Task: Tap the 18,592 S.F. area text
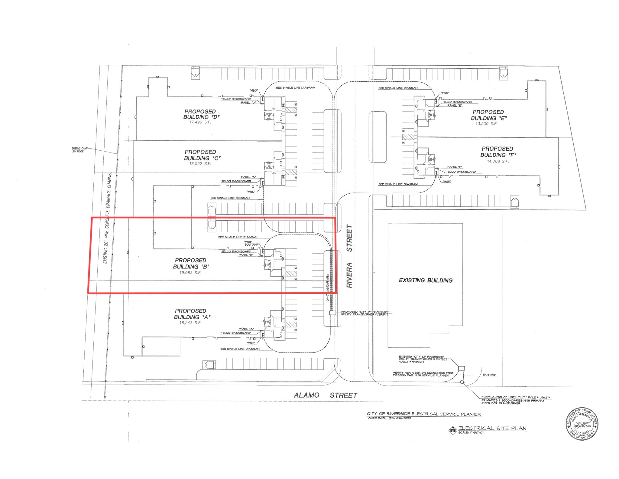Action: tap(200, 164)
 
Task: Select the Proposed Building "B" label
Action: tap(191, 263)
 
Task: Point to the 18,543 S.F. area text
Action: tap(190, 323)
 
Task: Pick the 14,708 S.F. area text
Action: tap(497, 162)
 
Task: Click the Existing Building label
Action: tap(426, 281)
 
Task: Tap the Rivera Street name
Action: tap(349, 256)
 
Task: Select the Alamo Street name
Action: tap(326, 395)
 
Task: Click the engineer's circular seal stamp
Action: tap(582, 424)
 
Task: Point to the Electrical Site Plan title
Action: tap(492, 428)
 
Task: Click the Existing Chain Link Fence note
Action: tap(79, 150)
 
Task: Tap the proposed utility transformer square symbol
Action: tap(332, 313)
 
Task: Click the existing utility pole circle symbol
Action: tap(462, 382)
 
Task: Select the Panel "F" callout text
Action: tap(455, 167)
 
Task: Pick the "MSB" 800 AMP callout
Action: tap(251, 243)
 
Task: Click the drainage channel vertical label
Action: tap(107, 218)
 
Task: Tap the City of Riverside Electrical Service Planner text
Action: tap(424, 414)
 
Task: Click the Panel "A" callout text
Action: tap(246, 329)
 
